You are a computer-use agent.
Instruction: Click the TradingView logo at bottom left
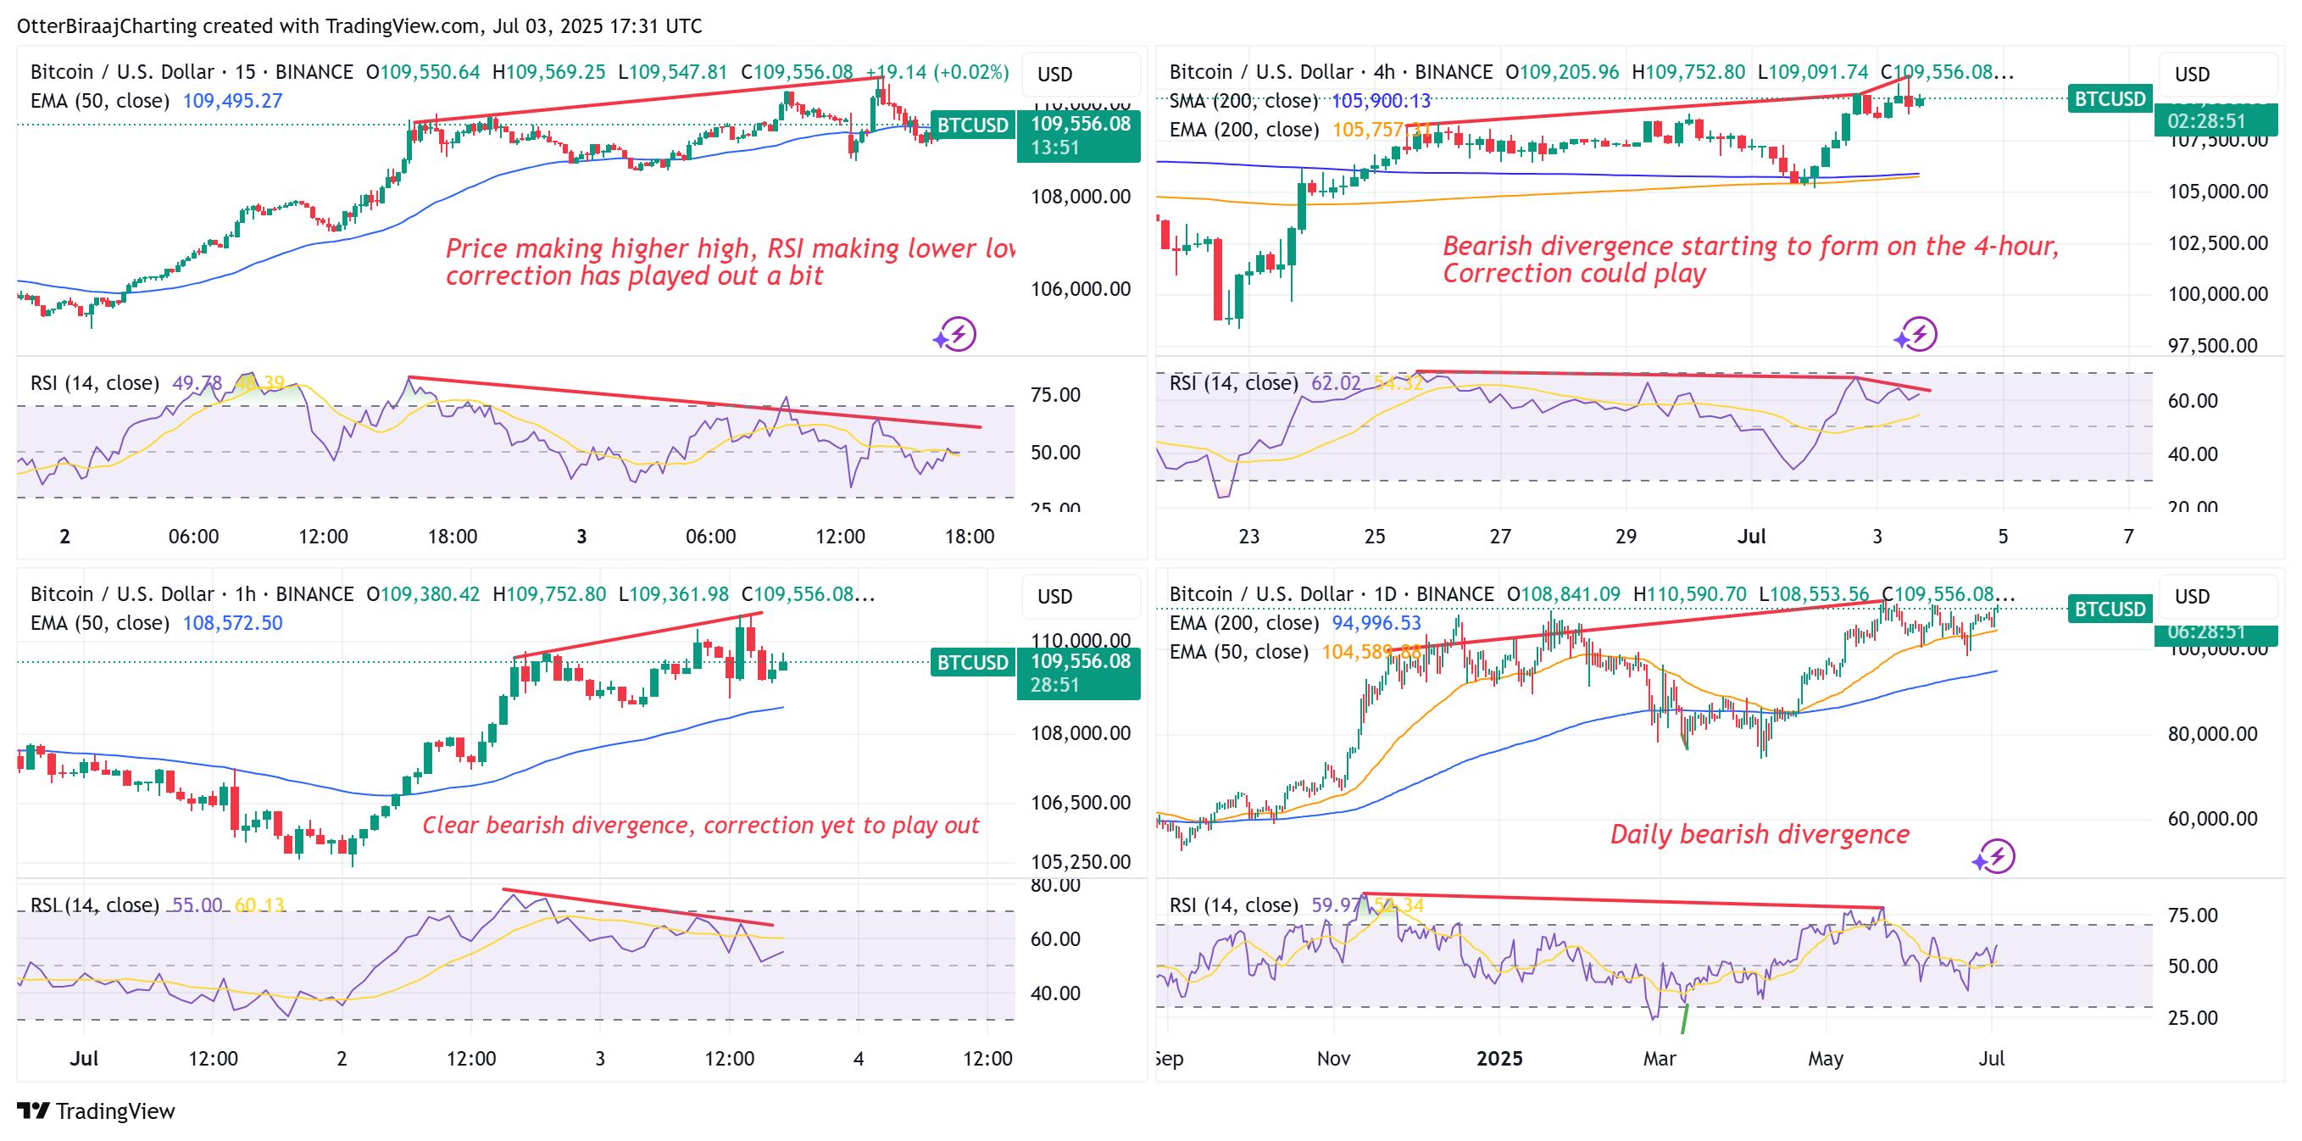tap(95, 1110)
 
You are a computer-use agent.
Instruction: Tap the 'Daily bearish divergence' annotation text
tap(1759, 833)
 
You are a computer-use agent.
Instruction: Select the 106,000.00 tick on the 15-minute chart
tap(1081, 288)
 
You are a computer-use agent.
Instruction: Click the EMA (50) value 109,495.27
tap(232, 101)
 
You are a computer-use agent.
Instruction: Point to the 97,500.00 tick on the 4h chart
tap(2217, 346)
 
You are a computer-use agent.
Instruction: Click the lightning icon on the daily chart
tap(1995, 857)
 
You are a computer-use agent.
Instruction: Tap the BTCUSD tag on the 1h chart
tap(972, 662)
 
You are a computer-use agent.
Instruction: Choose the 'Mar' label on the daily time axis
tap(1660, 1059)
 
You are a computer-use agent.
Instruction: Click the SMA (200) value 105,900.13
tap(1381, 101)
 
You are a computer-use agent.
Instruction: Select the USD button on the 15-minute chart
tap(1055, 74)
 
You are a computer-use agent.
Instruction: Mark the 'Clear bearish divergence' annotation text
tap(701, 825)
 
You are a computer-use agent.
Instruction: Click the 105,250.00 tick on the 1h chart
tap(1081, 861)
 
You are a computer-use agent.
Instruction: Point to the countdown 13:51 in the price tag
tap(1055, 147)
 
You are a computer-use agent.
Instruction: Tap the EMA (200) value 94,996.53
tap(1376, 623)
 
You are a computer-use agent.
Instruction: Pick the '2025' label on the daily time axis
tap(1499, 1059)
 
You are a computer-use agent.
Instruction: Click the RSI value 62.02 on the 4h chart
tap(1335, 383)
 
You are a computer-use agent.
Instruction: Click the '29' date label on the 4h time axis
tap(1626, 536)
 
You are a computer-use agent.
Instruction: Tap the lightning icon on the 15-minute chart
tap(957, 334)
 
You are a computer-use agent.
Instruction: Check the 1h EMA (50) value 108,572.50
tap(232, 623)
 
